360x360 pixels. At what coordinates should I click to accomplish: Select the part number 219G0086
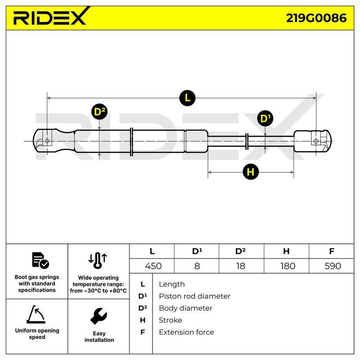[316, 18]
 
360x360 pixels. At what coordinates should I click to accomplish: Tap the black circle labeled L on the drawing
[187, 98]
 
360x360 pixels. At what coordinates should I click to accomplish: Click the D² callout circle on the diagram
[99, 112]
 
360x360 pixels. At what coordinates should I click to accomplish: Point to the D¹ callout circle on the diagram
[265, 118]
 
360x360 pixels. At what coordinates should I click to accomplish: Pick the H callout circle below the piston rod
[251, 172]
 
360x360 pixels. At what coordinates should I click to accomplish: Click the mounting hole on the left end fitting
[47, 141]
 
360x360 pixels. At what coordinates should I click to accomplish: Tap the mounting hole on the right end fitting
[316, 141]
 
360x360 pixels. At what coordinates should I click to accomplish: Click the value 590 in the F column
[333, 266]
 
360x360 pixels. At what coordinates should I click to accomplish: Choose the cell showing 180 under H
[288, 266]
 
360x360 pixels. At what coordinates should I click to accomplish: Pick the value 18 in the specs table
[241, 266]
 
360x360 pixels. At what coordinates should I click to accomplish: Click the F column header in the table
[332, 251]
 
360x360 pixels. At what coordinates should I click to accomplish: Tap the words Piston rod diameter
[194, 296]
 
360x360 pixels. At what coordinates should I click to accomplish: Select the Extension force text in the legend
[186, 332]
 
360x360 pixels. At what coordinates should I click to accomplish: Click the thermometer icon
[98, 261]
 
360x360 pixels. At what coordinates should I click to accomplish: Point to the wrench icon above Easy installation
[99, 316]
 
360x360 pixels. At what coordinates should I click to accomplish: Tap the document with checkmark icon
[40, 261]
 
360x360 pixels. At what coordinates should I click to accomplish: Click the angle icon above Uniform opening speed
[36, 314]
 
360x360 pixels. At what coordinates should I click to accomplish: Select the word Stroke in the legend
[171, 320]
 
